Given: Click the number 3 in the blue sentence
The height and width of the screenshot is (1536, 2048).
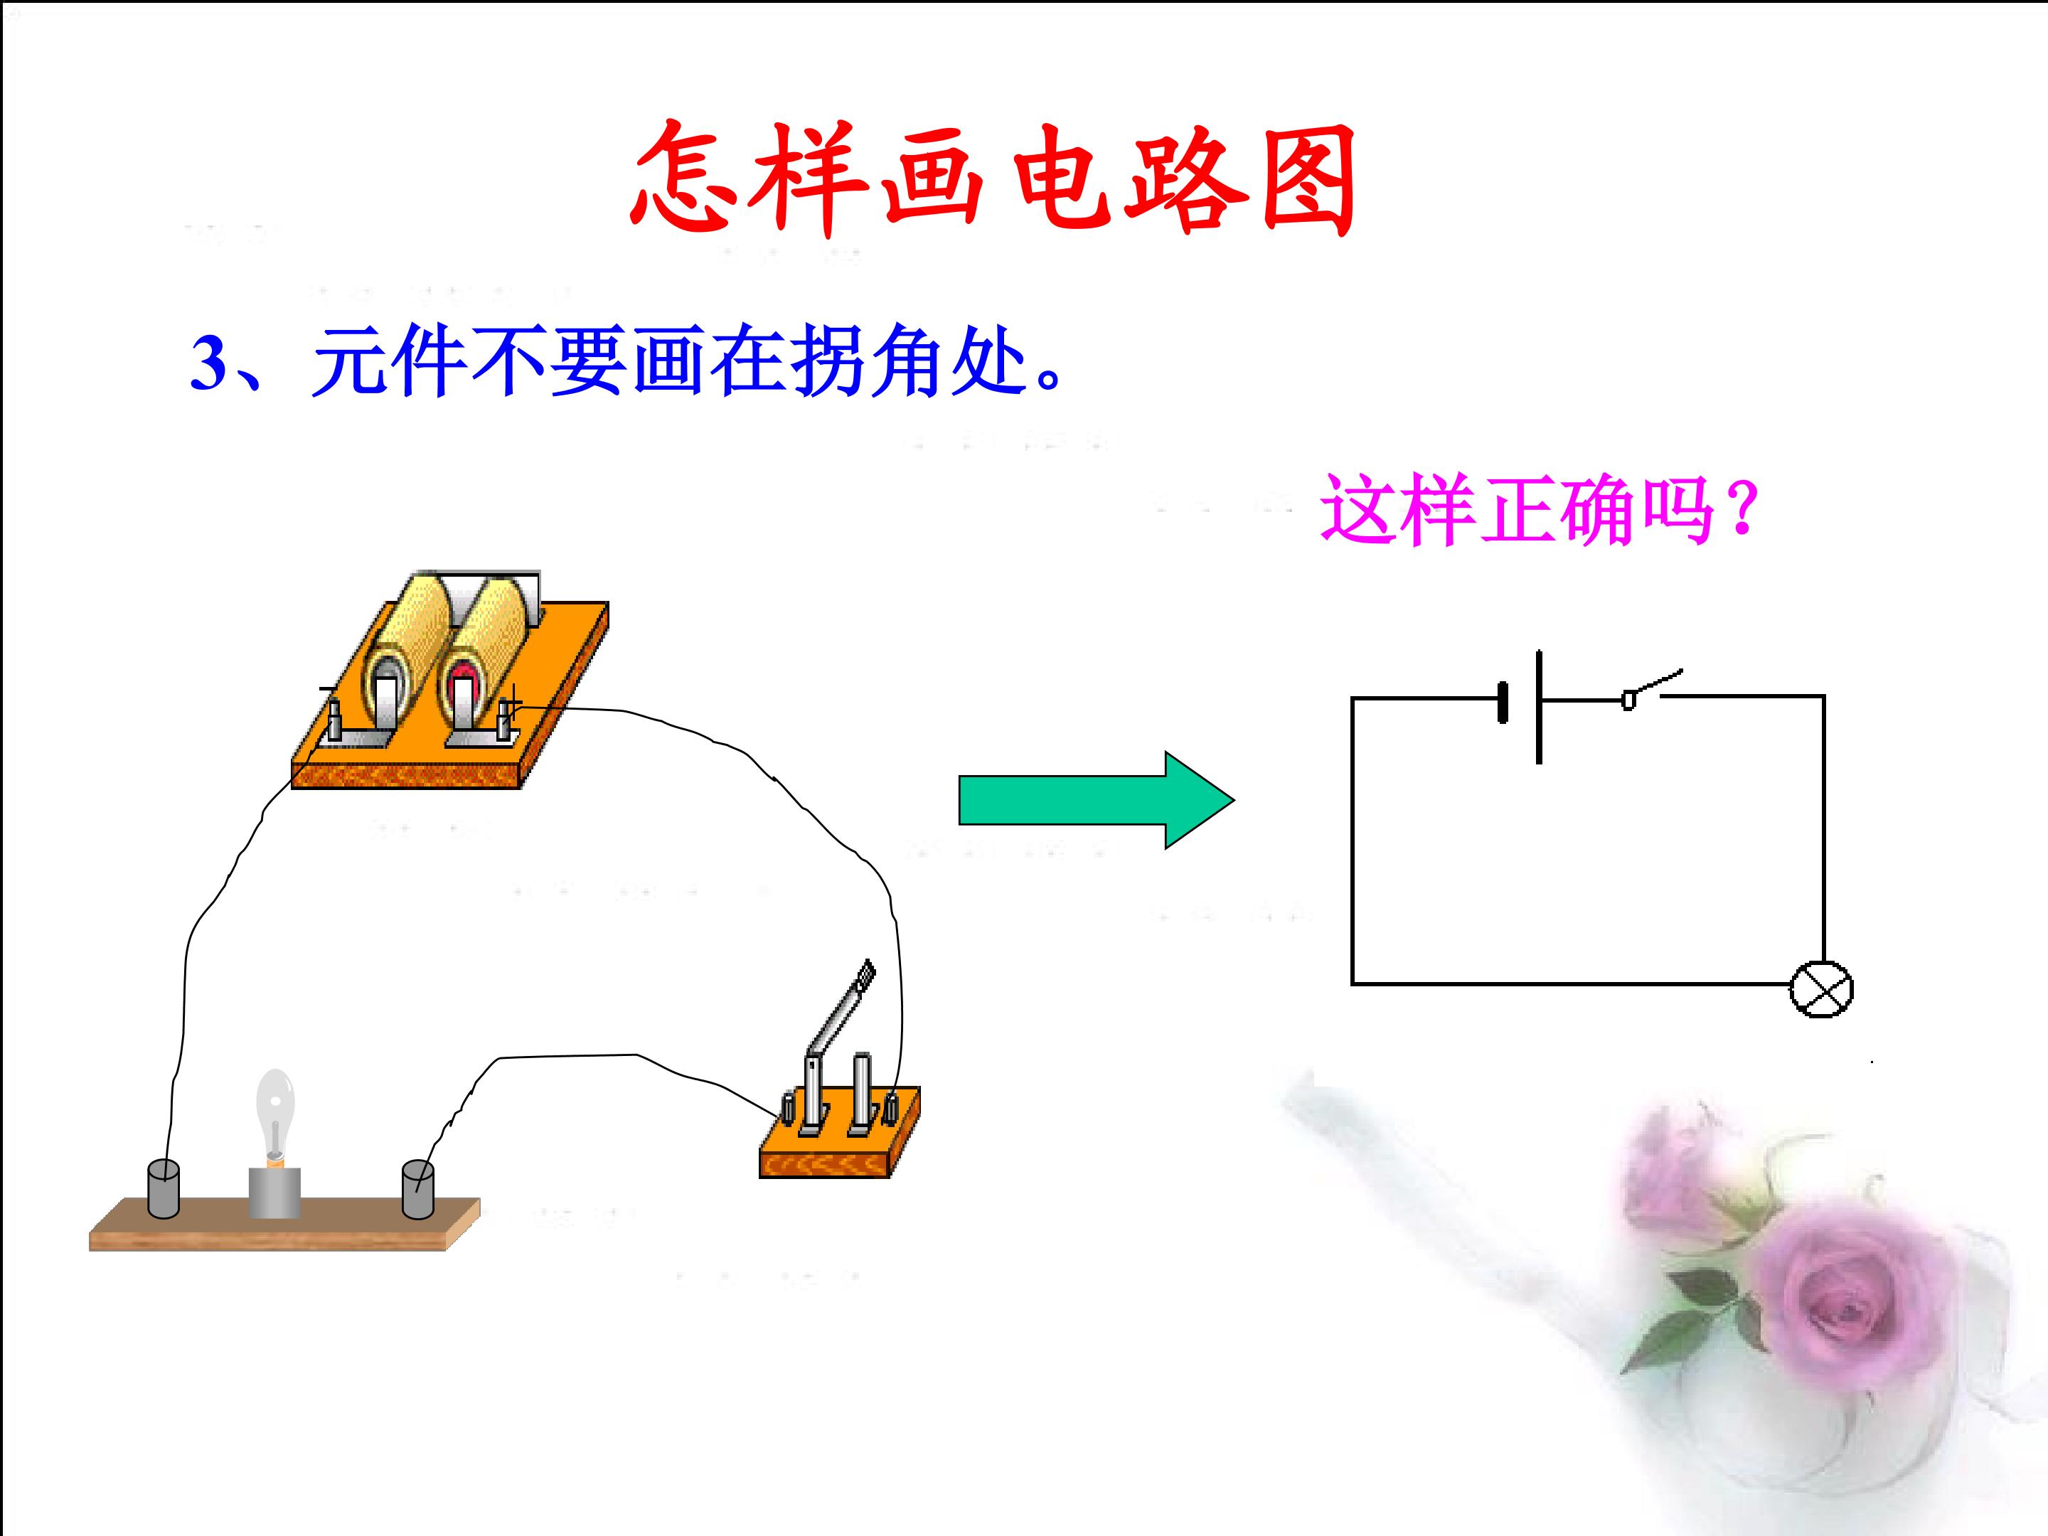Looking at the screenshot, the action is coord(208,362).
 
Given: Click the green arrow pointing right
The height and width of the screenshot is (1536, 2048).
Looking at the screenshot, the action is coord(1097,800).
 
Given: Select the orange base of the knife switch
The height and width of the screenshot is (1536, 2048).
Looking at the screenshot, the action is coord(840,1143).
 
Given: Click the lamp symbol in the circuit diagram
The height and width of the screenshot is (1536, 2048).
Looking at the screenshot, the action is coord(1821,990).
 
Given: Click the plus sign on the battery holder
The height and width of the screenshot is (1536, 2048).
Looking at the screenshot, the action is coord(511,697).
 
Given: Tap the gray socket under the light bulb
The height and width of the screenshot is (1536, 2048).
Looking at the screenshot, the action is coord(275,1193).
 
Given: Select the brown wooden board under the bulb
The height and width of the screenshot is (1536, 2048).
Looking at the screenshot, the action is coord(284,1224).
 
